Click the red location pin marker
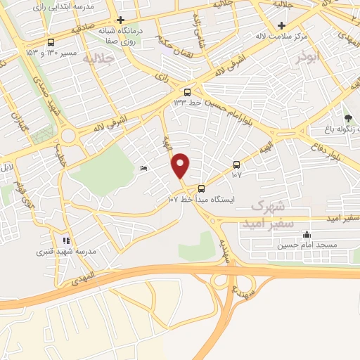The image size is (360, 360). pos(181,166)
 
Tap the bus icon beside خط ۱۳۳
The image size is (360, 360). pos(187,92)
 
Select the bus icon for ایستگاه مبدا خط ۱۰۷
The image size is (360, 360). pos(202,188)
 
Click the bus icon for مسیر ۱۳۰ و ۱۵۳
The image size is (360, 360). pos(51,42)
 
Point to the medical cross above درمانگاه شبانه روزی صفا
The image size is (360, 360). pos(121,20)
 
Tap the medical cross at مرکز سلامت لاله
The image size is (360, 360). pos(281,25)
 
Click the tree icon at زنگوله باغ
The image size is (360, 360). pos(348,117)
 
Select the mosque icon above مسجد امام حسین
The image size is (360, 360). pos(306,235)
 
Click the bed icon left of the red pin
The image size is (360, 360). pos(143,168)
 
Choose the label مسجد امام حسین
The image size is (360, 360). pos(302,245)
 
